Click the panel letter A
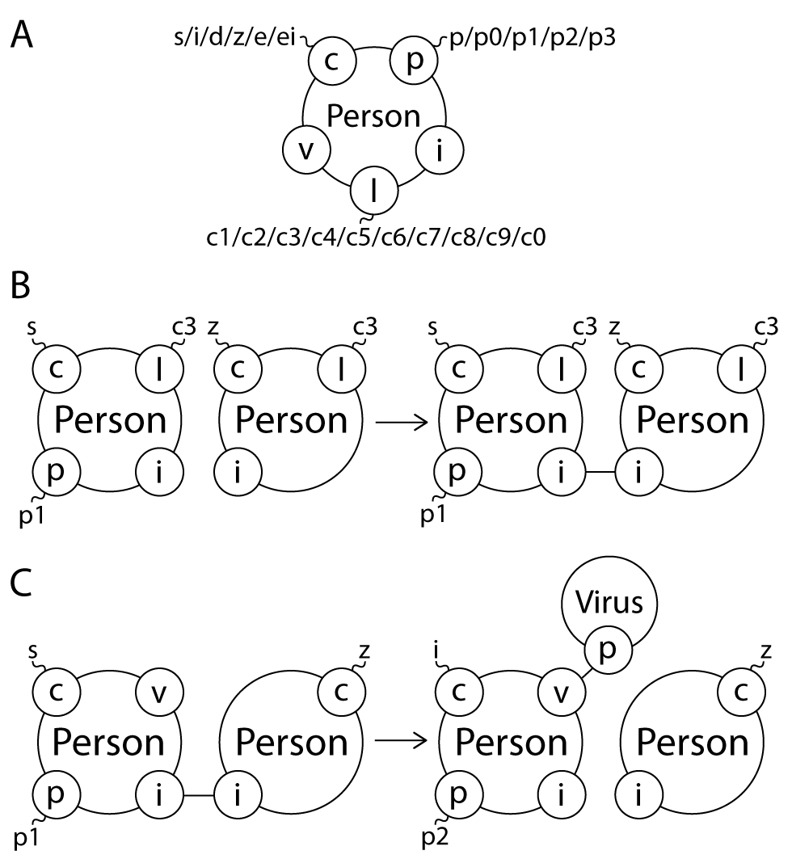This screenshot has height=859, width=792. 23,36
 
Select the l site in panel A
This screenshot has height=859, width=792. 373,192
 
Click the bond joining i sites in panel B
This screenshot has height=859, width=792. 599,471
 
